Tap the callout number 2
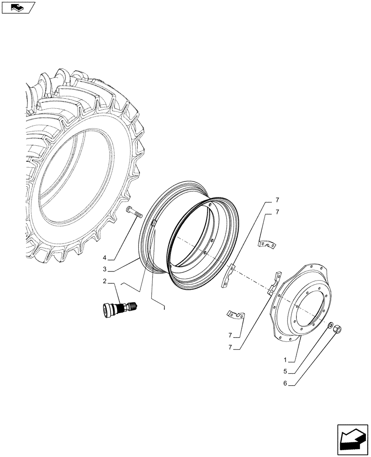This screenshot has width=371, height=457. [x=106, y=282]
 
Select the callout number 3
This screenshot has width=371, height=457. [x=105, y=269]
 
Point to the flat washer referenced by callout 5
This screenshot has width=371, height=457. [x=330, y=325]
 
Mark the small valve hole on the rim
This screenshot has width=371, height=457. [x=154, y=223]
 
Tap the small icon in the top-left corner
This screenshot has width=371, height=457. [x=18, y=7]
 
